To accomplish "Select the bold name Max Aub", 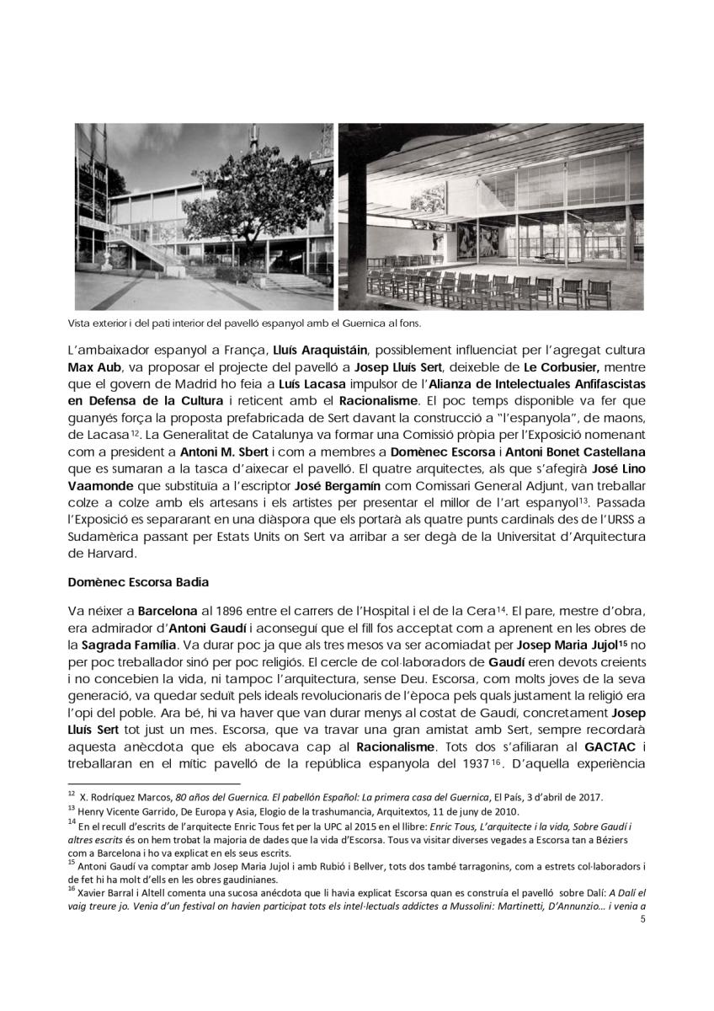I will pos(95,368).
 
